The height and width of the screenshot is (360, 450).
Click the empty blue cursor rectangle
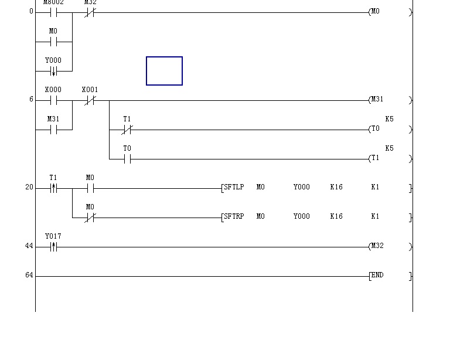pyautogui.click(x=164, y=71)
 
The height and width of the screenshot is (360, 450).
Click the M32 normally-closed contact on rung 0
pyautogui.click(x=90, y=12)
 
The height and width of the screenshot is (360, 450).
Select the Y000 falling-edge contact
pyautogui.click(x=53, y=71)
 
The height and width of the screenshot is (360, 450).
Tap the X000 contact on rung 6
pyautogui.click(x=53, y=100)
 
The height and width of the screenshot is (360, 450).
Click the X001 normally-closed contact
pyautogui.click(x=90, y=100)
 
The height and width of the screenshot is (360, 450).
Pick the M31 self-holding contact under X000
pyautogui.click(x=53, y=130)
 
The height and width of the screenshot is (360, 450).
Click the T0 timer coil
pyautogui.click(x=375, y=129)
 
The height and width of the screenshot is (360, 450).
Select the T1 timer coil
pyautogui.click(x=375, y=158)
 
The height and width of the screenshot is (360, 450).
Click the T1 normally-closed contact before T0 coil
pyautogui.click(x=127, y=130)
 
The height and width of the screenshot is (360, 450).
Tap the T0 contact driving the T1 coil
pyautogui.click(x=127, y=159)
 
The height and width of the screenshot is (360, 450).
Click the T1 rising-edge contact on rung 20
pyautogui.click(x=53, y=188)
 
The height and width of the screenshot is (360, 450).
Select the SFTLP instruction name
pyautogui.click(x=234, y=187)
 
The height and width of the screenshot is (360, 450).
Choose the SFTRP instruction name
pyautogui.click(x=234, y=216)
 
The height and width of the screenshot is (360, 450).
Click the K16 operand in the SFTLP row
pyautogui.click(x=336, y=187)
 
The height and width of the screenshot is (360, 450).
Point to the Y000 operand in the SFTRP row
pyautogui.click(x=302, y=216)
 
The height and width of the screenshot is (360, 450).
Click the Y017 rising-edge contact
pyautogui.click(x=53, y=247)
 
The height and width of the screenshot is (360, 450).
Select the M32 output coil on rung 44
pyautogui.click(x=377, y=246)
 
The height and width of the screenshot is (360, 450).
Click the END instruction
pyautogui.click(x=377, y=275)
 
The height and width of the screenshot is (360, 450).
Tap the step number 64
pyautogui.click(x=29, y=275)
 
